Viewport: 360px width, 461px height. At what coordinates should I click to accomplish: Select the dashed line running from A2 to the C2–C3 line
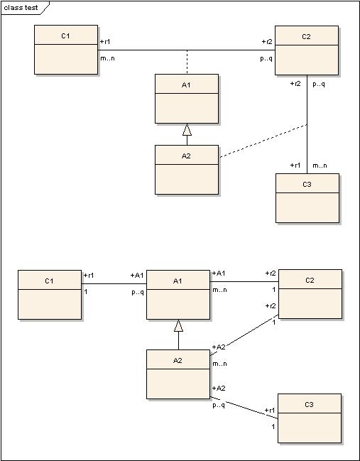tap(263, 141)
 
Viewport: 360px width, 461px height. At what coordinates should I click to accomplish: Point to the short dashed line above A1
tap(187, 62)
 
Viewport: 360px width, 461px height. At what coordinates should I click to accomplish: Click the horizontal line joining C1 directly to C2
tap(186, 50)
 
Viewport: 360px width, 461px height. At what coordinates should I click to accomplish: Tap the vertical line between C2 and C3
tap(307, 124)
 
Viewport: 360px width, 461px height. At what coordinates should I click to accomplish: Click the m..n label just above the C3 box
tap(320, 166)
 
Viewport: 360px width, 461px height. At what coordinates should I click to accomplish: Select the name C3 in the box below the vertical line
tap(307, 185)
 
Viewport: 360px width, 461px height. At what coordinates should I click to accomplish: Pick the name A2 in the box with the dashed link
tap(186, 156)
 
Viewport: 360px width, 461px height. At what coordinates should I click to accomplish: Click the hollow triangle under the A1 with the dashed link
tap(187, 130)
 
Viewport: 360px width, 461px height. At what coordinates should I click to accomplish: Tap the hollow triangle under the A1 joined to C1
tap(178, 326)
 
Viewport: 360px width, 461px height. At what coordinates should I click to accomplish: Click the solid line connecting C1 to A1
tap(114, 283)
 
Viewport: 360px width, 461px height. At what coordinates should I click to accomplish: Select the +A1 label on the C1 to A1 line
tap(137, 276)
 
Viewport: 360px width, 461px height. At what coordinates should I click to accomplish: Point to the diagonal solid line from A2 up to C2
tap(244, 335)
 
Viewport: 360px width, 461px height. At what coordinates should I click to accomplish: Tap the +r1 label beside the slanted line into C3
tap(270, 411)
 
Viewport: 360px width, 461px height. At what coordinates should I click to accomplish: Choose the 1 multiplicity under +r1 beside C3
tap(273, 427)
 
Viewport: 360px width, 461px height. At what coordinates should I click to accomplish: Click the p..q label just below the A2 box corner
tap(219, 405)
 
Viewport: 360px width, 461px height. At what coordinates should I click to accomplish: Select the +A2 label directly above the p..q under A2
tap(219, 389)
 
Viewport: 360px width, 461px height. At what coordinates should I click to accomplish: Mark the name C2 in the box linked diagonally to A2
tap(310, 281)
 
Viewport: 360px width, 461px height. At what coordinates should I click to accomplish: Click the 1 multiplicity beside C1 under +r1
tap(86, 292)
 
